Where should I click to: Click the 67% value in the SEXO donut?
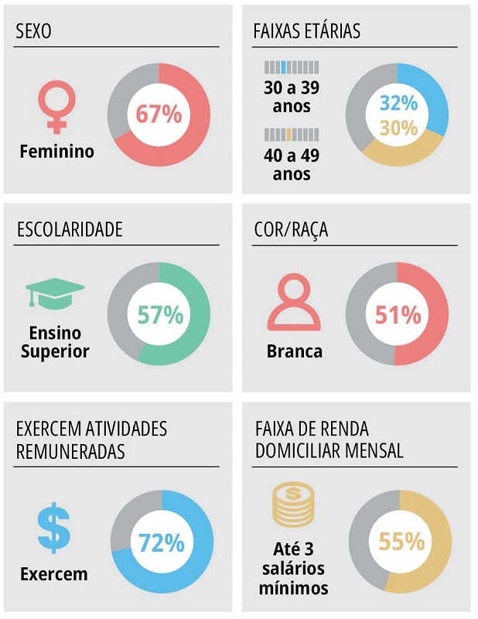(159, 115)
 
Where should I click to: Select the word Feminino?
(56, 152)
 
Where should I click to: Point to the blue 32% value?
(398, 104)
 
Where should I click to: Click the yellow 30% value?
(398, 128)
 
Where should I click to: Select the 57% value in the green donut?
(160, 315)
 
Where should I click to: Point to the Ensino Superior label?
(55, 343)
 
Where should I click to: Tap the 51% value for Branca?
(398, 315)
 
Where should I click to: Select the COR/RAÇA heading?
(290, 230)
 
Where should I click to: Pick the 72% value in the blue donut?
(162, 543)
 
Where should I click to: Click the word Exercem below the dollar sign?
(53, 575)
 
